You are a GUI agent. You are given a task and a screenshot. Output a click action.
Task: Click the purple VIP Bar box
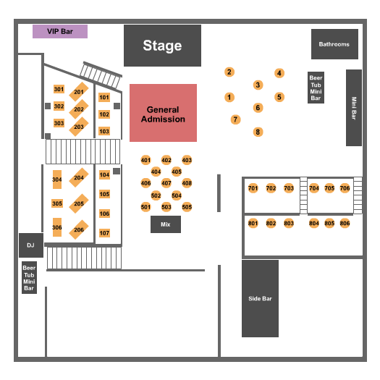(x=60, y=32)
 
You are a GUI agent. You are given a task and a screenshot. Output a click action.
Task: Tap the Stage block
(x=162, y=46)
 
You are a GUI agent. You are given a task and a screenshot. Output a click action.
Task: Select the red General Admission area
(x=163, y=113)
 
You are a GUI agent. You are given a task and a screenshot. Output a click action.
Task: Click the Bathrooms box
(x=334, y=44)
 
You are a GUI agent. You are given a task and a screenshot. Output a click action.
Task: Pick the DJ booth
(x=31, y=245)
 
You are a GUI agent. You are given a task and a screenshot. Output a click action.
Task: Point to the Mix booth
(x=166, y=224)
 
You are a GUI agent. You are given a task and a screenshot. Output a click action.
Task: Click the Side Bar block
(x=260, y=298)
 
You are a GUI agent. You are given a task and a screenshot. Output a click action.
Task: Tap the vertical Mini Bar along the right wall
(x=354, y=108)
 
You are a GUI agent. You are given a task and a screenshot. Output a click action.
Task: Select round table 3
(x=258, y=85)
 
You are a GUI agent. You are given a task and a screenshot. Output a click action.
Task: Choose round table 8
(x=258, y=132)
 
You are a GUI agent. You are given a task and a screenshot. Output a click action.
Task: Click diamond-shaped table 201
(x=79, y=92)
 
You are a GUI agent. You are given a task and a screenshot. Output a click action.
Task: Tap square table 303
(x=59, y=123)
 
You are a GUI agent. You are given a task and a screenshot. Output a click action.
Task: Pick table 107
(x=104, y=233)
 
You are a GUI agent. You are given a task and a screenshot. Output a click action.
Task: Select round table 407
(x=166, y=183)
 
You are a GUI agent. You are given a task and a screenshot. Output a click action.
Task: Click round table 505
(x=187, y=207)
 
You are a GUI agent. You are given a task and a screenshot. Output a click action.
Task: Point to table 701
(x=253, y=188)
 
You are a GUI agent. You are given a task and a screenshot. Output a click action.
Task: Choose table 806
(x=345, y=223)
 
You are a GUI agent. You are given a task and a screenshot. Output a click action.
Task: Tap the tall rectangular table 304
(x=57, y=180)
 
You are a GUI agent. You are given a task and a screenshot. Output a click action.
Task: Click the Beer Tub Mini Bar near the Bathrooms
(x=316, y=88)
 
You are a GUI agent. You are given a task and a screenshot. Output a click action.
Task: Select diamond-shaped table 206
(x=79, y=229)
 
